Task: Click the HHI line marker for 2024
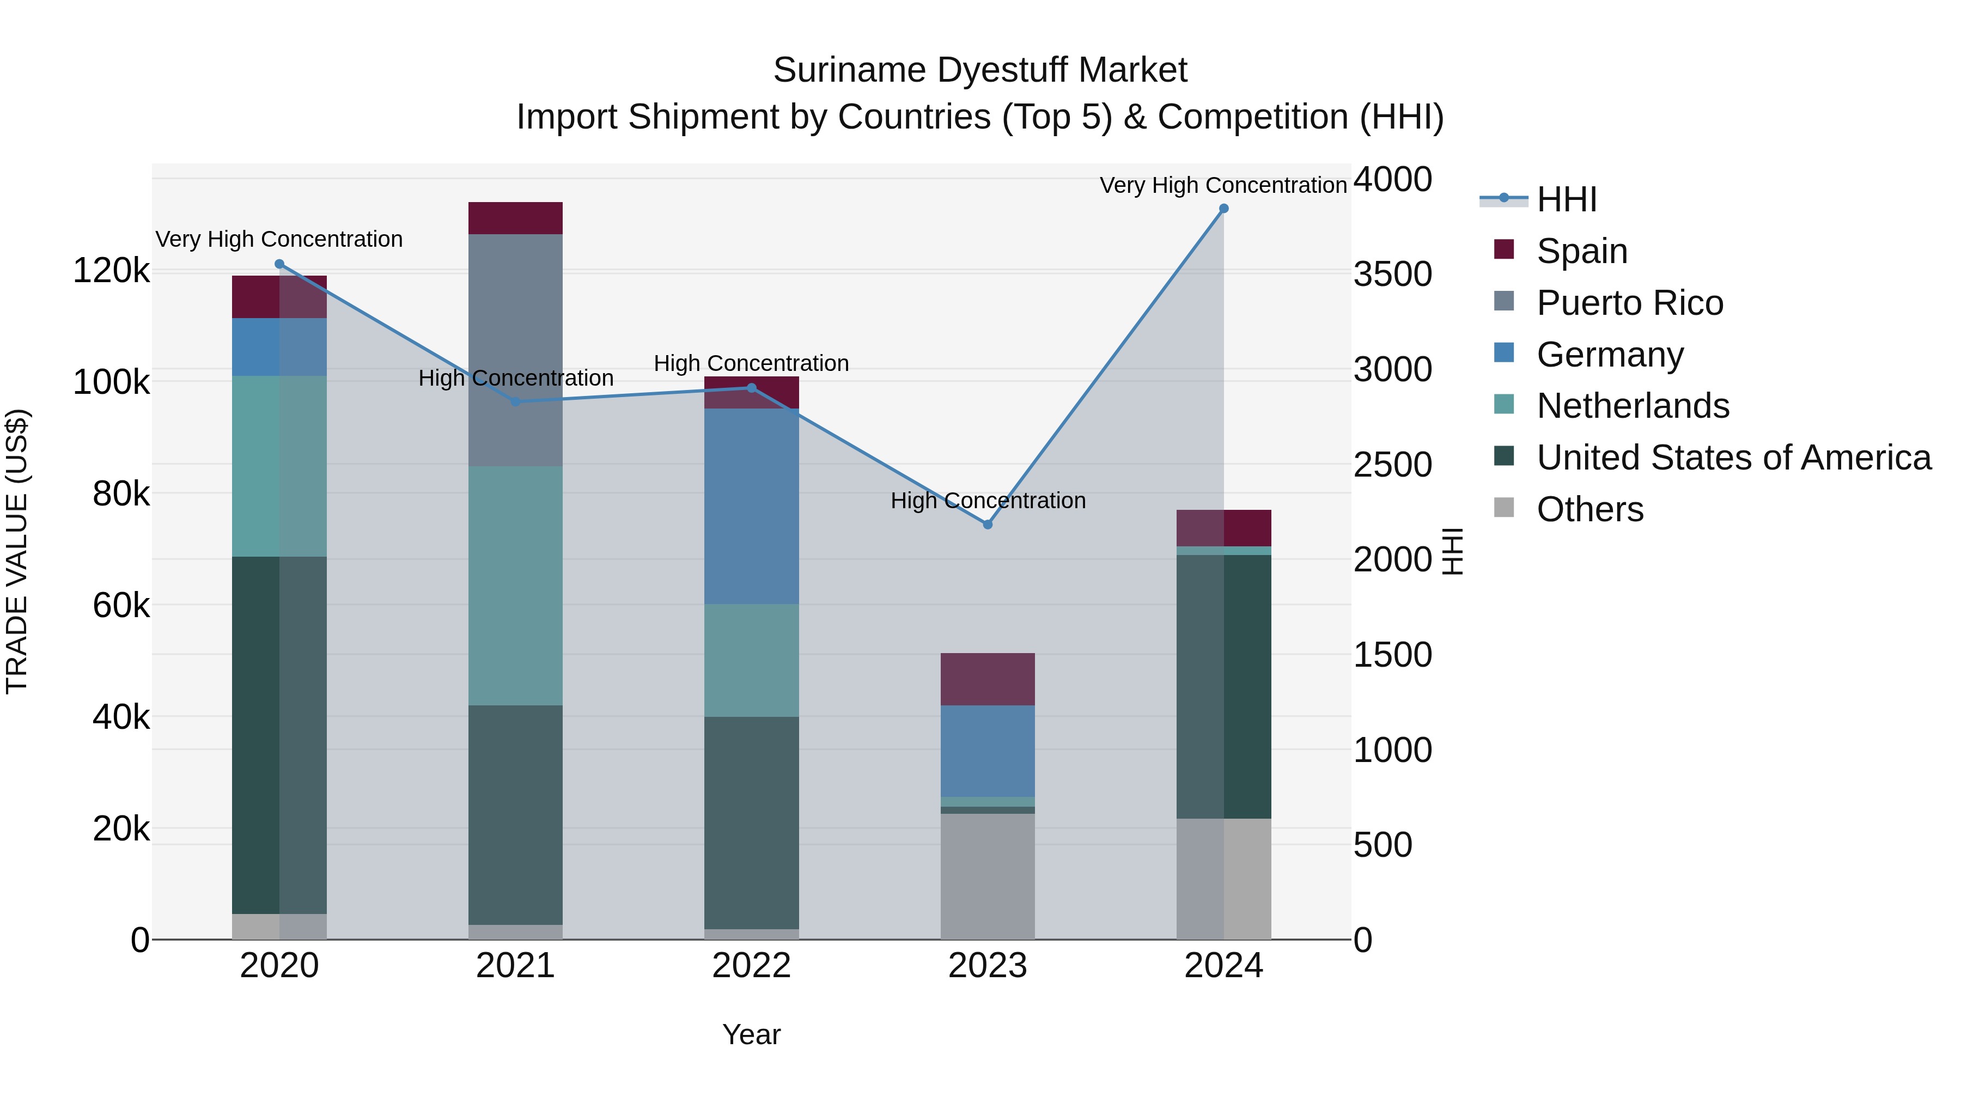point(1223,209)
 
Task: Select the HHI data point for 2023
point(988,525)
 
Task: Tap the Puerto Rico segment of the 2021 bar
point(515,350)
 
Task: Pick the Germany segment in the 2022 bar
point(751,506)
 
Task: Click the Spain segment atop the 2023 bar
point(988,679)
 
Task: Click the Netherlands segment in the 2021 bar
point(515,586)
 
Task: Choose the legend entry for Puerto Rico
point(1629,303)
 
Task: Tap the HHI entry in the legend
point(1566,199)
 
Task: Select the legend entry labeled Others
point(1589,509)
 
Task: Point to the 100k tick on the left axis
point(111,382)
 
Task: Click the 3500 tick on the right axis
point(1392,274)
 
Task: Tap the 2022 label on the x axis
point(751,966)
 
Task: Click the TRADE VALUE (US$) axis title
point(17,551)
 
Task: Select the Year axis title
point(751,1034)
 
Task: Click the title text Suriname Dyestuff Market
point(980,70)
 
